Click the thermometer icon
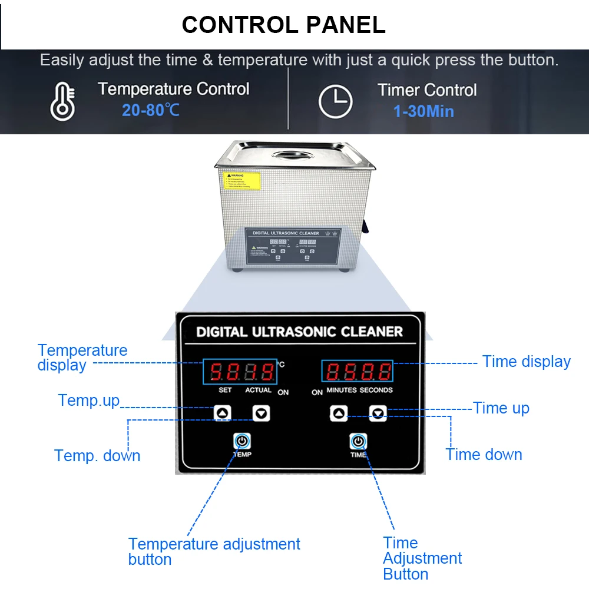click(62, 101)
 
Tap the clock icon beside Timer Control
click(335, 101)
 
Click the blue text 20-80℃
click(151, 110)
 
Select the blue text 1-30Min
click(423, 111)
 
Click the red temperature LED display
click(241, 372)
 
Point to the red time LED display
click(358, 372)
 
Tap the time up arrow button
click(339, 413)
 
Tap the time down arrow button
click(378, 413)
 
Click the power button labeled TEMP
click(242, 441)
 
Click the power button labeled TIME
click(358, 441)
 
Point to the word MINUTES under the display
click(342, 390)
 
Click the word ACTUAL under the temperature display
click(258, 390)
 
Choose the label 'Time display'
click(526, 362)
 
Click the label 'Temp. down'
click(97, 455)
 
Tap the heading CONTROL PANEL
click(283, 24)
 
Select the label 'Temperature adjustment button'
click(214, 551)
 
